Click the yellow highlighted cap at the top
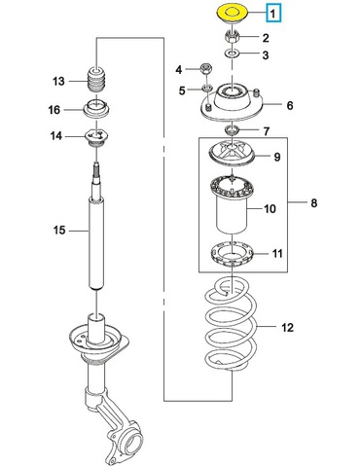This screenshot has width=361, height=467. coord(232,15)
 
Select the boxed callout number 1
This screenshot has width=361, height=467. coord(273,14)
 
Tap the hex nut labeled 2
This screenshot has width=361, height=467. coord(233,37)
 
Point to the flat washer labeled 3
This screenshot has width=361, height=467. coord(233,54)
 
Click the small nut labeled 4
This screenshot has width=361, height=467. coord(206,68)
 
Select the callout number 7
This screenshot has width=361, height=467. coord(266,131)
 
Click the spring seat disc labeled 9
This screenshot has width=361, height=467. coord(232,155)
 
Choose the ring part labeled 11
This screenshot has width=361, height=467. coord(233,255)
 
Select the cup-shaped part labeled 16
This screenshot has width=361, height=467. coord(97,109)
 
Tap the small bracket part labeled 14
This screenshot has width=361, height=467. coord(96,137)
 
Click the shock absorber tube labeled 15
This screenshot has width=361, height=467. coord(96,243)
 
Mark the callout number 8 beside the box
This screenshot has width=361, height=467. coord(313,203)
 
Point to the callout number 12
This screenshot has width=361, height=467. coord(287,328)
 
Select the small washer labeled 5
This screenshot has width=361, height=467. coord(206,88)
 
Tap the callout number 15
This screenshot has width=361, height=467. coord(59,231)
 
